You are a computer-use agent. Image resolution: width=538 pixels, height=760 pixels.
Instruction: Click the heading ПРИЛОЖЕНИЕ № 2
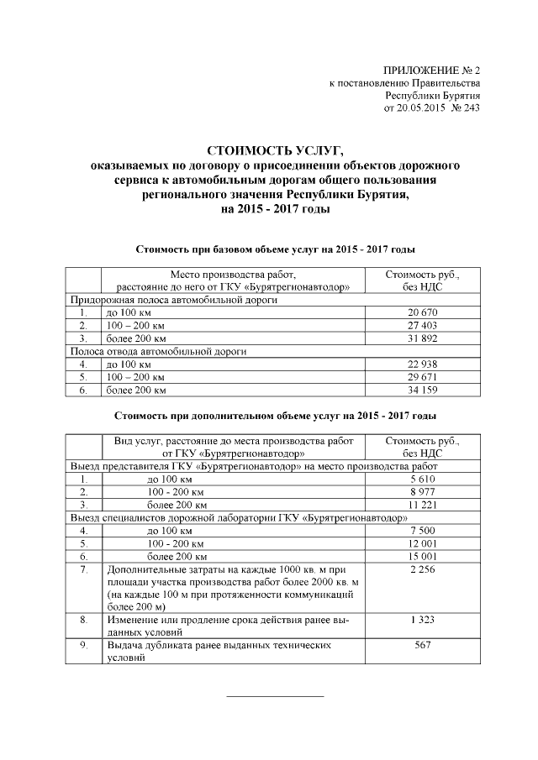tap(431, 71)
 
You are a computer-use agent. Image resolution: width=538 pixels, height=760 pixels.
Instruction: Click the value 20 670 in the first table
tap(422, 312)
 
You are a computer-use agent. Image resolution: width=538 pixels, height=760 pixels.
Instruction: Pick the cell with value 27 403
tap(422, 325)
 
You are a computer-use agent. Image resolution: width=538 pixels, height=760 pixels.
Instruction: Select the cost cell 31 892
tap(422, 338)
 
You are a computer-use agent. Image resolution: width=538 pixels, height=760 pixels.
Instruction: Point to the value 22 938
tap(422, 364)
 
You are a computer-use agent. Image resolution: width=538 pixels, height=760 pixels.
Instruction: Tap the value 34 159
tap(422, 390)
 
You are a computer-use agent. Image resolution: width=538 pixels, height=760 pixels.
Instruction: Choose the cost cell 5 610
tap(422, 480)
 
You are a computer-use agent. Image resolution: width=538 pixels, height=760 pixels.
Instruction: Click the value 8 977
tap(422, 492)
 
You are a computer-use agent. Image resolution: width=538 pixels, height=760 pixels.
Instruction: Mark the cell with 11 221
tap(422, 506)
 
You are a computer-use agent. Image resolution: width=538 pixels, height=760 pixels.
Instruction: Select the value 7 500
tap(422, 532)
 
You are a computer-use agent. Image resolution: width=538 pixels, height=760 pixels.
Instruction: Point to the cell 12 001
tap(422, 544)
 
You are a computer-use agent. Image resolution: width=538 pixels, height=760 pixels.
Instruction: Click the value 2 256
tap(422, 570)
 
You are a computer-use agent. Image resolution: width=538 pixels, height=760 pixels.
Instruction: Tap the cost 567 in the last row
tap(422, 646)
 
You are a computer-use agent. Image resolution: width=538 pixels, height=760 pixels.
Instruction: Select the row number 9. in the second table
tap(83, 646)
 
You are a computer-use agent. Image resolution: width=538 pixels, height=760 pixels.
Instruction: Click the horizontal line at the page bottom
tap(276, 696)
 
